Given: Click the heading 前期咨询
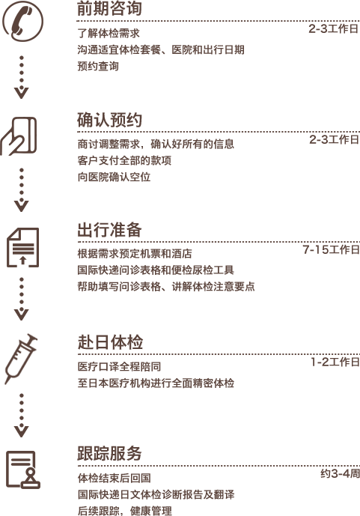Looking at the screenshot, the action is [109, 8].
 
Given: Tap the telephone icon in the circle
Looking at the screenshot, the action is [22, 21].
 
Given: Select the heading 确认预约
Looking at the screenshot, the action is [109, 120].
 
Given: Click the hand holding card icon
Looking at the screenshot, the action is [19, 136].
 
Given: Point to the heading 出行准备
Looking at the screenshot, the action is [109, 230].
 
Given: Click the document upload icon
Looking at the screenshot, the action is [22, 247].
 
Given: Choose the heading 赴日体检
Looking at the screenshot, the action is [110, 342].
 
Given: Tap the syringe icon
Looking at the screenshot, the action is [21, 359].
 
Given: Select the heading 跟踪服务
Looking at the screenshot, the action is [109, 453].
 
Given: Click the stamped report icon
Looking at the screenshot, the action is [22, 470].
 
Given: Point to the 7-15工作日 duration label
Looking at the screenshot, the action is [332, 249].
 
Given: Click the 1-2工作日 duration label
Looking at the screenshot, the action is [335, 362].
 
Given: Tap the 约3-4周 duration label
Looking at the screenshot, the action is [341, 473].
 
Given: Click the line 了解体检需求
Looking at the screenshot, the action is [109, 33].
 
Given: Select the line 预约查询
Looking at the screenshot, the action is [98, 66].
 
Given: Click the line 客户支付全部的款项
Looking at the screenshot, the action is [124, 160].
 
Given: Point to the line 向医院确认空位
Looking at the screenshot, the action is [114, 177].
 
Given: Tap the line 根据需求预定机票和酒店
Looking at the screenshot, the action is [135, 254].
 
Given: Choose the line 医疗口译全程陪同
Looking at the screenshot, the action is [119, 367].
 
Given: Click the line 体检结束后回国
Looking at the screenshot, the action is [114, 478].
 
